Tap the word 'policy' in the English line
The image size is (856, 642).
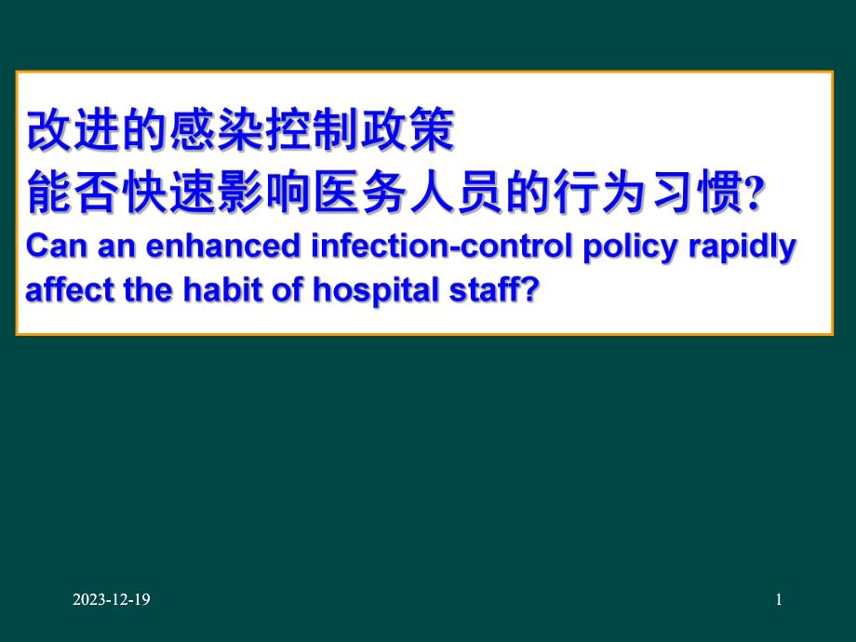632,247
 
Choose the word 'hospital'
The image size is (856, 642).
362,290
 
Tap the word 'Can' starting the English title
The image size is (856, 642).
52,247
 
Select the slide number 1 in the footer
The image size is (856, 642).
779,601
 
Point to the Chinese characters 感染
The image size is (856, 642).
205,133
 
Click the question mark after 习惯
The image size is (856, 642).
756,195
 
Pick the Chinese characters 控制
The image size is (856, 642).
312,133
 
